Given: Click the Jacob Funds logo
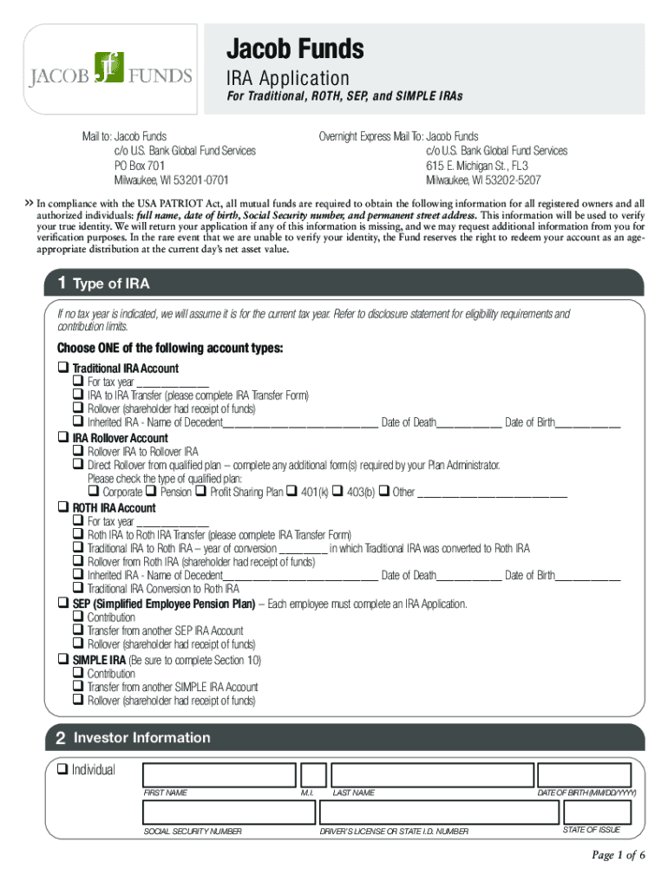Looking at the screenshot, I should coord(111,69).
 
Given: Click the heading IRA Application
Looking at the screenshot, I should coord(288,78).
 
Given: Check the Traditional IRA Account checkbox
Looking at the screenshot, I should coord(62,368).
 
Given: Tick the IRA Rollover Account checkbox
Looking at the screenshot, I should coord(62,438).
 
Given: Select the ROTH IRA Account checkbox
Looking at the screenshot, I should coord(62,507).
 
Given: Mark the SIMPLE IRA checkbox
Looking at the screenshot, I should coord(62,660).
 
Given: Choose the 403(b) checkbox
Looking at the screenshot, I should coord(337,492).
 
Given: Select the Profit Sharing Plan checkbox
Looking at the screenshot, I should coord(201,492).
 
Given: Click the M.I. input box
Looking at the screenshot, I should coord(313,775).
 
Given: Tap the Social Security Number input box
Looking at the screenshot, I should coord(228,813).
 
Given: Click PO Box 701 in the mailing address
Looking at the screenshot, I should coord(140,165).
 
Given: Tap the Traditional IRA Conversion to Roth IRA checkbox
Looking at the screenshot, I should coord(78,589).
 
